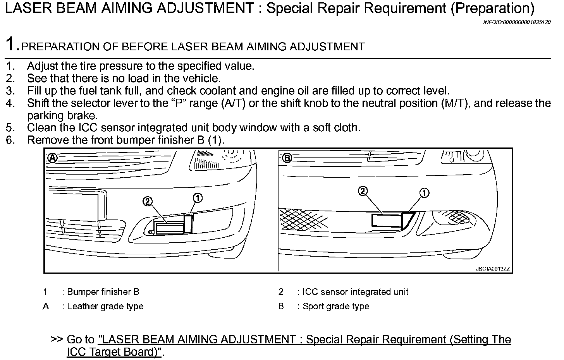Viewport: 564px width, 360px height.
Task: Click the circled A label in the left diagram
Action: pyautogui.click(x=52, y=158)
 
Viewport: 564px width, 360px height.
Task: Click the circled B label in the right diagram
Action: pyautogui.click(x=287, y=158)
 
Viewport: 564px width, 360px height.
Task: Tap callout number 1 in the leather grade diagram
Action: pyautogui.click(x=198, y=198)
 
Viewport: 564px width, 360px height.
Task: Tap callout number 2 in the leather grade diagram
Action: pyautogui.click(x=147, y=201)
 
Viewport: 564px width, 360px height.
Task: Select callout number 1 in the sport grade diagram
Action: pyautogui.click(x=424, y=193)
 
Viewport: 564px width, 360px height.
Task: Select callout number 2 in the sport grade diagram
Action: pyautogui.click(x=363, y=191)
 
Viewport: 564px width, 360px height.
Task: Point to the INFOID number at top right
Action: pyautogui.click(x=517, y=22)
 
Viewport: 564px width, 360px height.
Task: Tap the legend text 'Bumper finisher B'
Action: pyautogui.click(x=103, y=292)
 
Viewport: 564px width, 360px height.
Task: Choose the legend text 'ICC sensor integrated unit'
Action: pyautogui.click(x=355, y=292)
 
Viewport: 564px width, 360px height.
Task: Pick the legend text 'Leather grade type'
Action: pyautogui.click(x=105, y=306)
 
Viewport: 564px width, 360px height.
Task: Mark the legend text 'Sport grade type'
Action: pyautogui.click(x=335, y=306)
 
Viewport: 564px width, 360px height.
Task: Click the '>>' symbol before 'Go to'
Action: pyautogui.click(x=57, y=339)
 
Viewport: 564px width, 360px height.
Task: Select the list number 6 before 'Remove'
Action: pyautogui.click(x=10, y=140)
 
